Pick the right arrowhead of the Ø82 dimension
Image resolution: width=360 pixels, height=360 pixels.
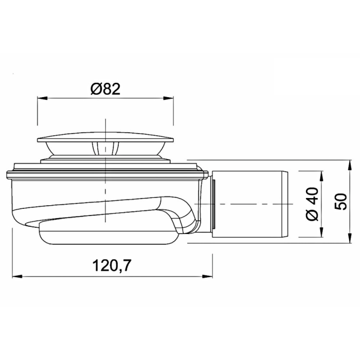click(x=170, y=98)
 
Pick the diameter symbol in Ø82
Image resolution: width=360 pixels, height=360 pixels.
click(x=95, y=89)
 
